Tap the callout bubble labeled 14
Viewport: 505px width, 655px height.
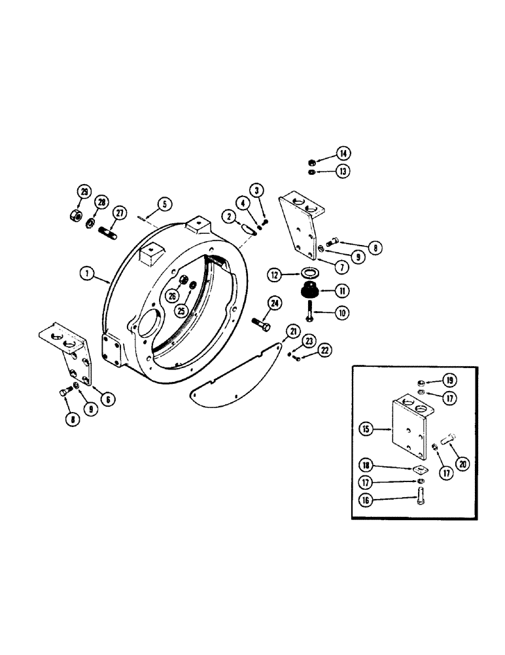click(343, 154)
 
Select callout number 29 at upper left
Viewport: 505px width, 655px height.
click(84, 192)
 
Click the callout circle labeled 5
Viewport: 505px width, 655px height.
click(165, 204)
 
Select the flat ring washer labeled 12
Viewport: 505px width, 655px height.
click(310, 272)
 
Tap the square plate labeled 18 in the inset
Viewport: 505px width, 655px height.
click(416, 468)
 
